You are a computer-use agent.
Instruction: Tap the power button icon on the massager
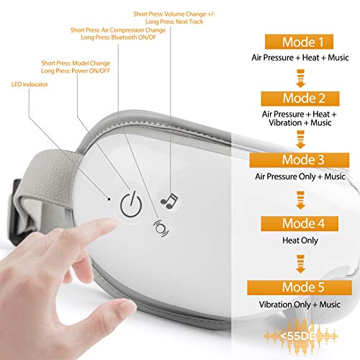(131, 204)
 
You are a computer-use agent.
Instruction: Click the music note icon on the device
(169, 201)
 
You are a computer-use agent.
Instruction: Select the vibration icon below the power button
(161, 228)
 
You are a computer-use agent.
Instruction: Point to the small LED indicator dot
(109, 199)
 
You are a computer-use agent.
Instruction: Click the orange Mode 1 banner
(299, 42)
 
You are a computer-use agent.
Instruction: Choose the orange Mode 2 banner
(300, 99)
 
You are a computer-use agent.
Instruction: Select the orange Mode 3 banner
(300, 160)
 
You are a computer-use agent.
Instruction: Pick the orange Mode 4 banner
(300, 224)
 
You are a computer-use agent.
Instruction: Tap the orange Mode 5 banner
(300, 287)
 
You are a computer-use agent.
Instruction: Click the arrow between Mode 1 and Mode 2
(301, 78)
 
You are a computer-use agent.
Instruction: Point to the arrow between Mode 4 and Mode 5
(301, 264)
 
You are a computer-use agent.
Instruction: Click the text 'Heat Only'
(300, 240)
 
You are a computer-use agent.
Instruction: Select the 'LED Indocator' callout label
(30, 84)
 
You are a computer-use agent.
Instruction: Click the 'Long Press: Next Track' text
(174, 22)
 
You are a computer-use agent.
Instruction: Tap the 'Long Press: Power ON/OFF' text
(76, 71)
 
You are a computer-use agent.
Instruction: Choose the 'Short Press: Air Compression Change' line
(118, 30)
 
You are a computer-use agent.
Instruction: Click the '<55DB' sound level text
(297, 336)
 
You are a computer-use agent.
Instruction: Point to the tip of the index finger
(114, 222)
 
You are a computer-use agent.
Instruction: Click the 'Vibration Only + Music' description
(300, 305)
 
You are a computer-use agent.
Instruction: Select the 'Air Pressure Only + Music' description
(300, 176)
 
